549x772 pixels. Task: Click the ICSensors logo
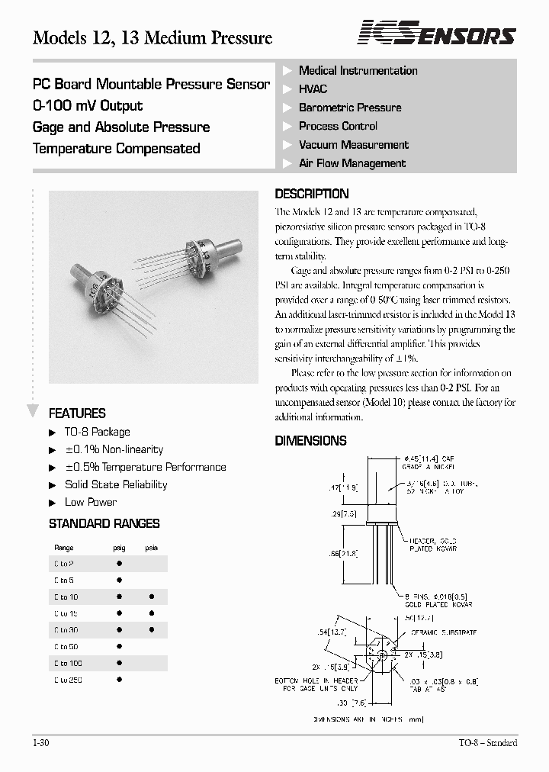click(x=437, y=34)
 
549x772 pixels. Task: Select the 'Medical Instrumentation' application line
click(x=358, y=71)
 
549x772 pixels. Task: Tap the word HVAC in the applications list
click(x=313, y=89)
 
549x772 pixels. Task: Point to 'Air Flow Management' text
click(x=352, y=163)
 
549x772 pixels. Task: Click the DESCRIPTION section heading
click(x=311, y=194)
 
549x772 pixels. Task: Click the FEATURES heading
click(x=77, y=413)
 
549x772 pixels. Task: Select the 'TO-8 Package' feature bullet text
click(x=98, y=432)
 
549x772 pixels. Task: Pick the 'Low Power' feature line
click(x=91, y=502)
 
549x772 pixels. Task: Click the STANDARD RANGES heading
click(x=104, y=524)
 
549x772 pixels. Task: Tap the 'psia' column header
click(x=151, y=548)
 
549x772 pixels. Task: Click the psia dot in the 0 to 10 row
click(x=151, y=597)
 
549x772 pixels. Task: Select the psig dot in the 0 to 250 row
click(x=119, y=679)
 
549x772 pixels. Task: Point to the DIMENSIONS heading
click(x=310, y=441)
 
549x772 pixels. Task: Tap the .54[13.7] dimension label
click(x=332, y=632)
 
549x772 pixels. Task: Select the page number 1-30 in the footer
click(x=41, y=743)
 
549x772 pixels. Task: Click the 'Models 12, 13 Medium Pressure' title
click(x=152, y=37)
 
